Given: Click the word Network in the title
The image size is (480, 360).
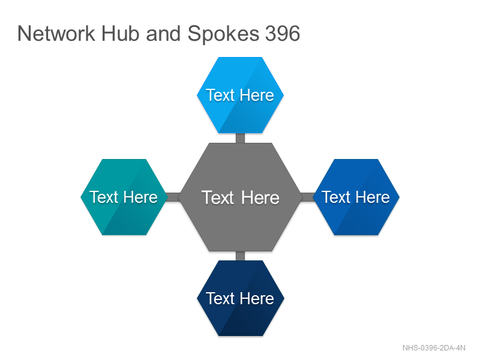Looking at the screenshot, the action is pyautogui.click(x=56, y=34).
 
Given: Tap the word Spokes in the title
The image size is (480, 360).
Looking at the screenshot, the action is pyautogui.click(x=223, y=34).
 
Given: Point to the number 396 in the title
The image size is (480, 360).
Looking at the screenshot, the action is pyautogui.click(x=283, y=34).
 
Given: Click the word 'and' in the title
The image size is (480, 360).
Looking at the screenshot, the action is pyautogui.click(x=163, y=34).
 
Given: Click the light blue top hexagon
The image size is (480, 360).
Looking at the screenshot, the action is pyautogui.click(x=241, y=95).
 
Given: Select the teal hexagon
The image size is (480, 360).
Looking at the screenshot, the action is pyautogui.click(x=124, y=197).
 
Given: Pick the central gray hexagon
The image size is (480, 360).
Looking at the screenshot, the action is pyautogui.click(x=241, y=197).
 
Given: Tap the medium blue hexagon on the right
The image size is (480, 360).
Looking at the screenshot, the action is pyautogui.click(x=356, y=197).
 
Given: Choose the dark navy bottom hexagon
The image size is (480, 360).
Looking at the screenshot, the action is pyautogui.click(x=241, y=298).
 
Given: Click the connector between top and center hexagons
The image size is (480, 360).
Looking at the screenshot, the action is pyautogui.click(x=241, y=138).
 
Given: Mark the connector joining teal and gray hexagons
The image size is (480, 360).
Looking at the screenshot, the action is pyautogui.click(x=173, y=197).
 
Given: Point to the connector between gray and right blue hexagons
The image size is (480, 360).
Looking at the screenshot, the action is pyautogui.click(x=307, y=197).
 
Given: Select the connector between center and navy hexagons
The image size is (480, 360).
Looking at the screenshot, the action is pyautogui.click(x=241, y=256).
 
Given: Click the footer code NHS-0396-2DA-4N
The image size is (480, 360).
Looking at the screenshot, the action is pyautogui.click(x=434, y=348).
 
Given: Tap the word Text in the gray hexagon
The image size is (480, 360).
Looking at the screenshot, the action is pyautogui.click(x=218, y=197).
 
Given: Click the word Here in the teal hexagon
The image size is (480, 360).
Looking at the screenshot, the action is pyautogui.click(x=140, y=197).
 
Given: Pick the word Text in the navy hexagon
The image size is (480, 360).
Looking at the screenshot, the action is pyautogui.click(x=220, y=298).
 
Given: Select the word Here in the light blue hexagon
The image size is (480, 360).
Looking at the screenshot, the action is pyautogui.click(x=257, y=95).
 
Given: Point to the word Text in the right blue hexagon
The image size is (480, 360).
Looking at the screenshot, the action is pyautogui.click(x=336, y=197).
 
